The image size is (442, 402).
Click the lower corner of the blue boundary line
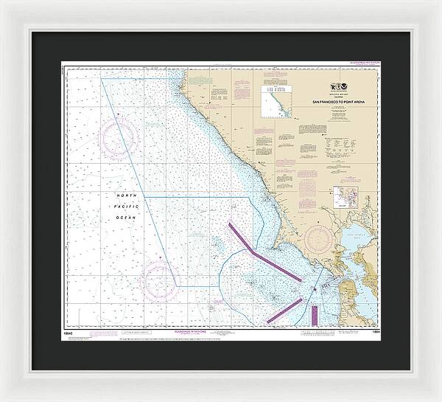coord(177,286)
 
